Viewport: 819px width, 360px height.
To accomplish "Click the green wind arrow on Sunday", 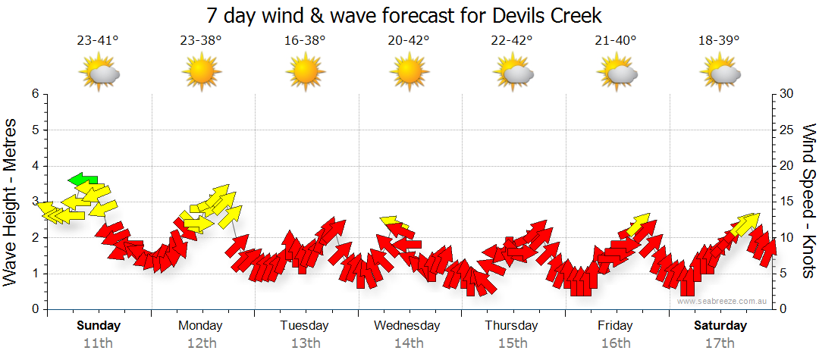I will tap(83, 180).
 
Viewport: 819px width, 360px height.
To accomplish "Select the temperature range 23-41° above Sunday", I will tap(98, 41).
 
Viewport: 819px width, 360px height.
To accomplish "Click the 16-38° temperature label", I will tap(306, 41).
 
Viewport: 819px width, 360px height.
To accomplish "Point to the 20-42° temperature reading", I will tap(408, 41).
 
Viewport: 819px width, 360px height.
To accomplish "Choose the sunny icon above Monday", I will tap(202, 73).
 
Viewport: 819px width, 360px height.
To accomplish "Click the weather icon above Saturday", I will tap(720, 73).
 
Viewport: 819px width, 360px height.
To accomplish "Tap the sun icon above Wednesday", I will tap(408, 73).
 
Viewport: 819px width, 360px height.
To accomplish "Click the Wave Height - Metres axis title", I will tap(11, 201).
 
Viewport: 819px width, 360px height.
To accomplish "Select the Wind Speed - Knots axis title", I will tap(808, 201).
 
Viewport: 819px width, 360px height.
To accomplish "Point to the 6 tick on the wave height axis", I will tap(34, 94).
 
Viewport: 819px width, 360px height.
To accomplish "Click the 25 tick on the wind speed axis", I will tap(786, 130).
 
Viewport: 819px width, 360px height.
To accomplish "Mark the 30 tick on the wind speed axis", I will tap(786, 94).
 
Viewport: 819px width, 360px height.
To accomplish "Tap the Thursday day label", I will tap(511, 326).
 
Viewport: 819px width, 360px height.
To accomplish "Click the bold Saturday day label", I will tap(720, 326).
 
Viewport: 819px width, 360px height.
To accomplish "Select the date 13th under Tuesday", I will tap(305, 343).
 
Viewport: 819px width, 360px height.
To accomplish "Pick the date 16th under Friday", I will tap(615, 343).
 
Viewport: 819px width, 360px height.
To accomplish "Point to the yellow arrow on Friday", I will tap(639, 224).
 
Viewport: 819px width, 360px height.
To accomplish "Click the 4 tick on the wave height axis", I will tap(34, 166).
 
